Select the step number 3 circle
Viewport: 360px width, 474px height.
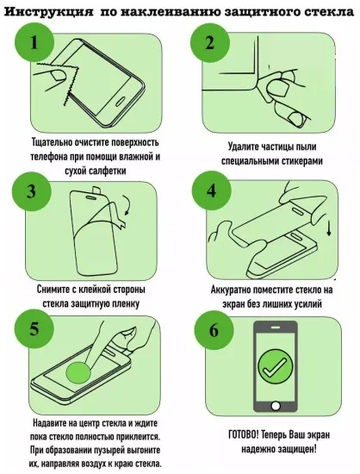click(x=33, y=191)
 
